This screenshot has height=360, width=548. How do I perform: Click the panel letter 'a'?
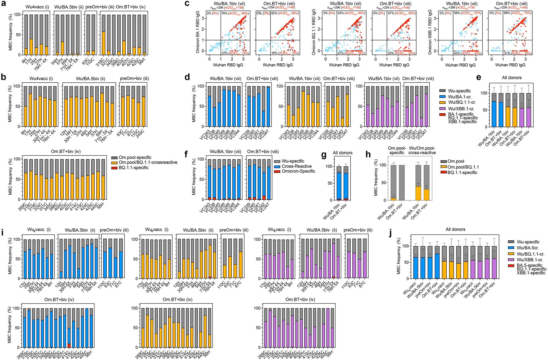pyautogui.click(x=4, y=4)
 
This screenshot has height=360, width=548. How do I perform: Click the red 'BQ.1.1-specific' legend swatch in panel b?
pyautogui.click(x=114, y=168)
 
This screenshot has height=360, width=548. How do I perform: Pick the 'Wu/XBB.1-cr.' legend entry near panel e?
pyautogui.click(x=461, y=108)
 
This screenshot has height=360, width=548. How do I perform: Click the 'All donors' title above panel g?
pyautogui.click(x=342, y=153)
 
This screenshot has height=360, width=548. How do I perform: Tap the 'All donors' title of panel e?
pyautogui.click(x=512, y=78)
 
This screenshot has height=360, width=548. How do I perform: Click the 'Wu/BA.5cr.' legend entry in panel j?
pyautogui.click(x=527, y=248)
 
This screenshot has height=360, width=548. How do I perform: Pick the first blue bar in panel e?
pyautogui.click(x=494, y=114)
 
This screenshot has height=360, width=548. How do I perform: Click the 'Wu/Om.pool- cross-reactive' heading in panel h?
pyautogui.click(x=422, y=150)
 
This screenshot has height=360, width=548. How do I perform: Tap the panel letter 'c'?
pyautogui.click(x=187, y=4)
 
